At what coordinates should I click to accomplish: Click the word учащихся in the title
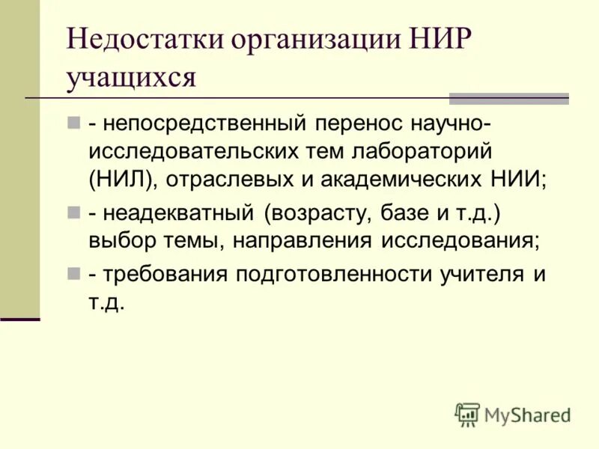coord(131,78)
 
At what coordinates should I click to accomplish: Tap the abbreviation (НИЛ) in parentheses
coord(122,180)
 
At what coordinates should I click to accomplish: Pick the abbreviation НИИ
coord(517,180)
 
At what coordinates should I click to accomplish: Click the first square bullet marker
coord(73,120)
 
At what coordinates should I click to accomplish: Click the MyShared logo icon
coord(467,414)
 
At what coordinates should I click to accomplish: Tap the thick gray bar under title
coord(508,98)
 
